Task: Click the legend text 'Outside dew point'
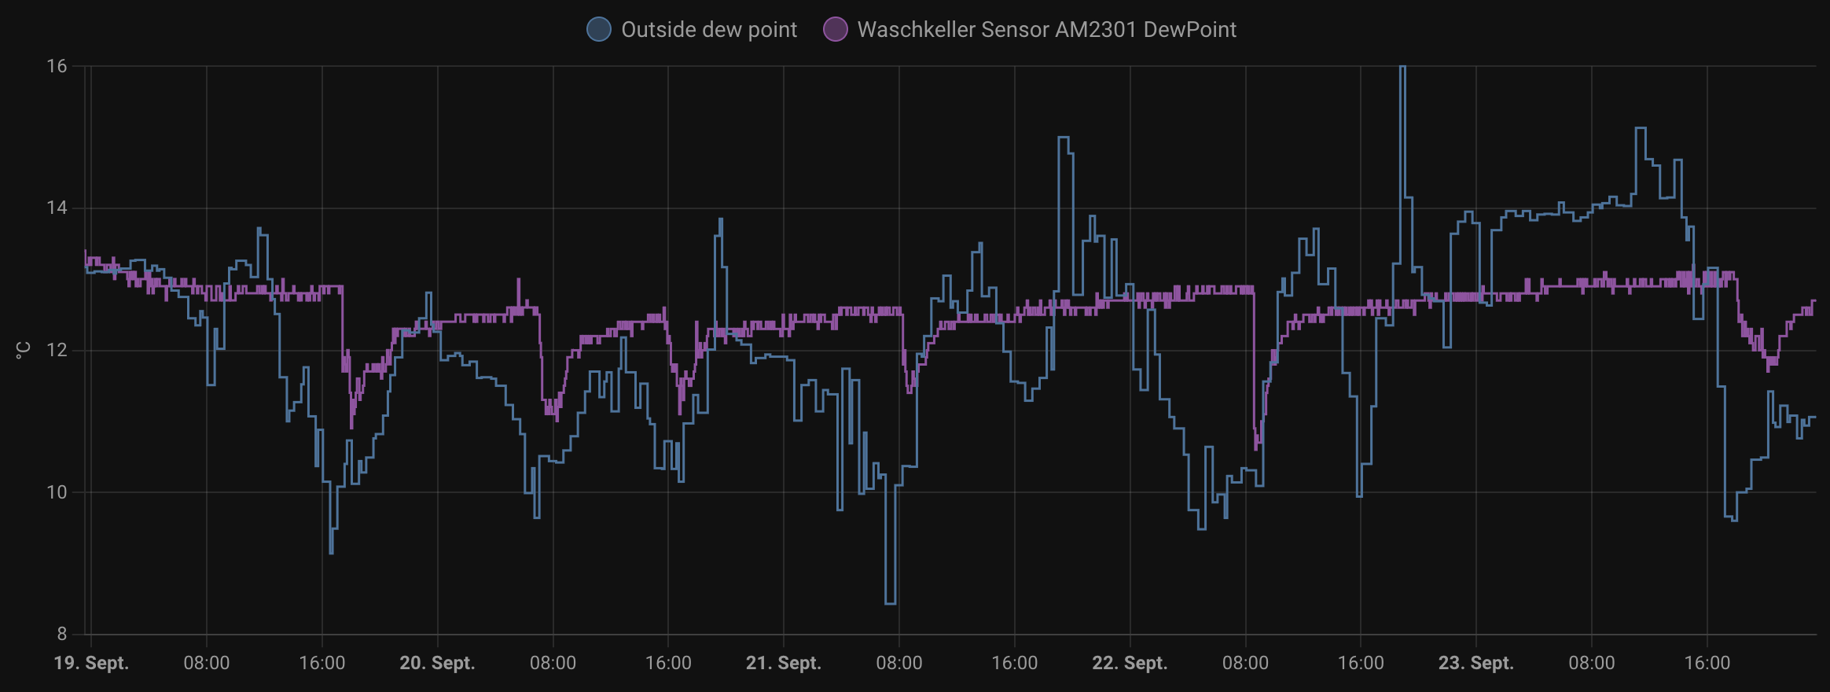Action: click(708, 30)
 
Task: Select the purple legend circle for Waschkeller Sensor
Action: click(835, 30)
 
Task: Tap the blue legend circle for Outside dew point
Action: click(599, 30)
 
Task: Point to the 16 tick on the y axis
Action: click(57, 66)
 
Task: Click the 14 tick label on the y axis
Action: click(57, 208)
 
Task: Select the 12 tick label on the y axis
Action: click(57, 350)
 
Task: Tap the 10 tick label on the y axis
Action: click(57, 492)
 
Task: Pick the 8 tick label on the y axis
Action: click(61, 634)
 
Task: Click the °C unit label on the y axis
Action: click(23, 350)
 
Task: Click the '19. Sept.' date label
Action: click(91, 663)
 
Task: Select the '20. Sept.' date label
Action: click(437, 663)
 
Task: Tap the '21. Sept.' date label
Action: click(783, 663)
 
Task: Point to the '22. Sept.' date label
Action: click(1130, 663)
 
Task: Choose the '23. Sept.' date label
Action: click(1475, 663)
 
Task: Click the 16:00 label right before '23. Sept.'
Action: click(1361, 663)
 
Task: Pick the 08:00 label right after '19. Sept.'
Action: click(207, 663)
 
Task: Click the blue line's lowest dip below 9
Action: click(891, 602)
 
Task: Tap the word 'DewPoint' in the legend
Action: click(1189, 30)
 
